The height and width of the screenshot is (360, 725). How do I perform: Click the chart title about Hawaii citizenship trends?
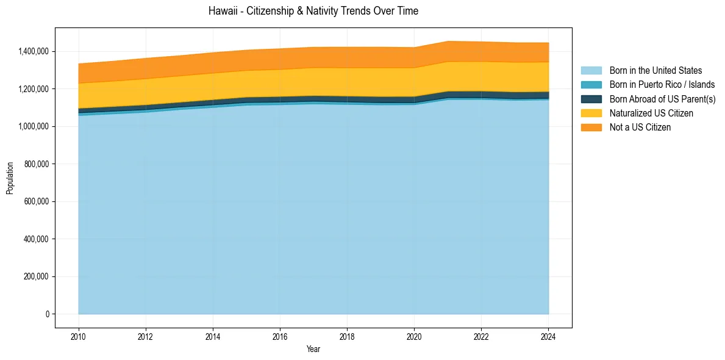(313, 11)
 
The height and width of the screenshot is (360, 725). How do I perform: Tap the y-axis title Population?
(10, 178)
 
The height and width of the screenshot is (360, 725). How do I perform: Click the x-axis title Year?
(313, 350)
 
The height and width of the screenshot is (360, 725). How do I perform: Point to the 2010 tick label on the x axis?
(79, 336)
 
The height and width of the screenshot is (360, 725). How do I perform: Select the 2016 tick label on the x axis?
(280, 336)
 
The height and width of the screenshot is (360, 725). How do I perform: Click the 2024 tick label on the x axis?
(548, 336)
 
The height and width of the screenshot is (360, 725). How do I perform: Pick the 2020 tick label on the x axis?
(414, 336)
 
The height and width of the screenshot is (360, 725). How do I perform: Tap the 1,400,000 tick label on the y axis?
(35, 51)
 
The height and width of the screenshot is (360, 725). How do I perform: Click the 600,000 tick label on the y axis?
(38, 201)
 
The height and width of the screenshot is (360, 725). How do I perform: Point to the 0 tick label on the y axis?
(47, 314)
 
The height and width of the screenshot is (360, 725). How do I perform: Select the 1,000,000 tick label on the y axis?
(35, 126)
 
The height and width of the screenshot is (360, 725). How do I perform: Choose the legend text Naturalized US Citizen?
(651, 113)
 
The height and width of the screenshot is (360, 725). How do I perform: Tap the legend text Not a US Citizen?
(640, 128)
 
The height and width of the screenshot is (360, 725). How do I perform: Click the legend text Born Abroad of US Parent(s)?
(662, 99)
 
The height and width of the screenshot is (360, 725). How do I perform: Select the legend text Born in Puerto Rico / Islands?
(662, 85)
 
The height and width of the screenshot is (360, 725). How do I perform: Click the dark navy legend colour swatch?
(591, 99)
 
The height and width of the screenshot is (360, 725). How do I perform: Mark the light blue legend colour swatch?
(591, 71)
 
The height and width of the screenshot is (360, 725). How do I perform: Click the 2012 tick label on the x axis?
(146, 336)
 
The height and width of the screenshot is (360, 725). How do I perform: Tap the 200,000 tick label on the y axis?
(38, 276)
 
